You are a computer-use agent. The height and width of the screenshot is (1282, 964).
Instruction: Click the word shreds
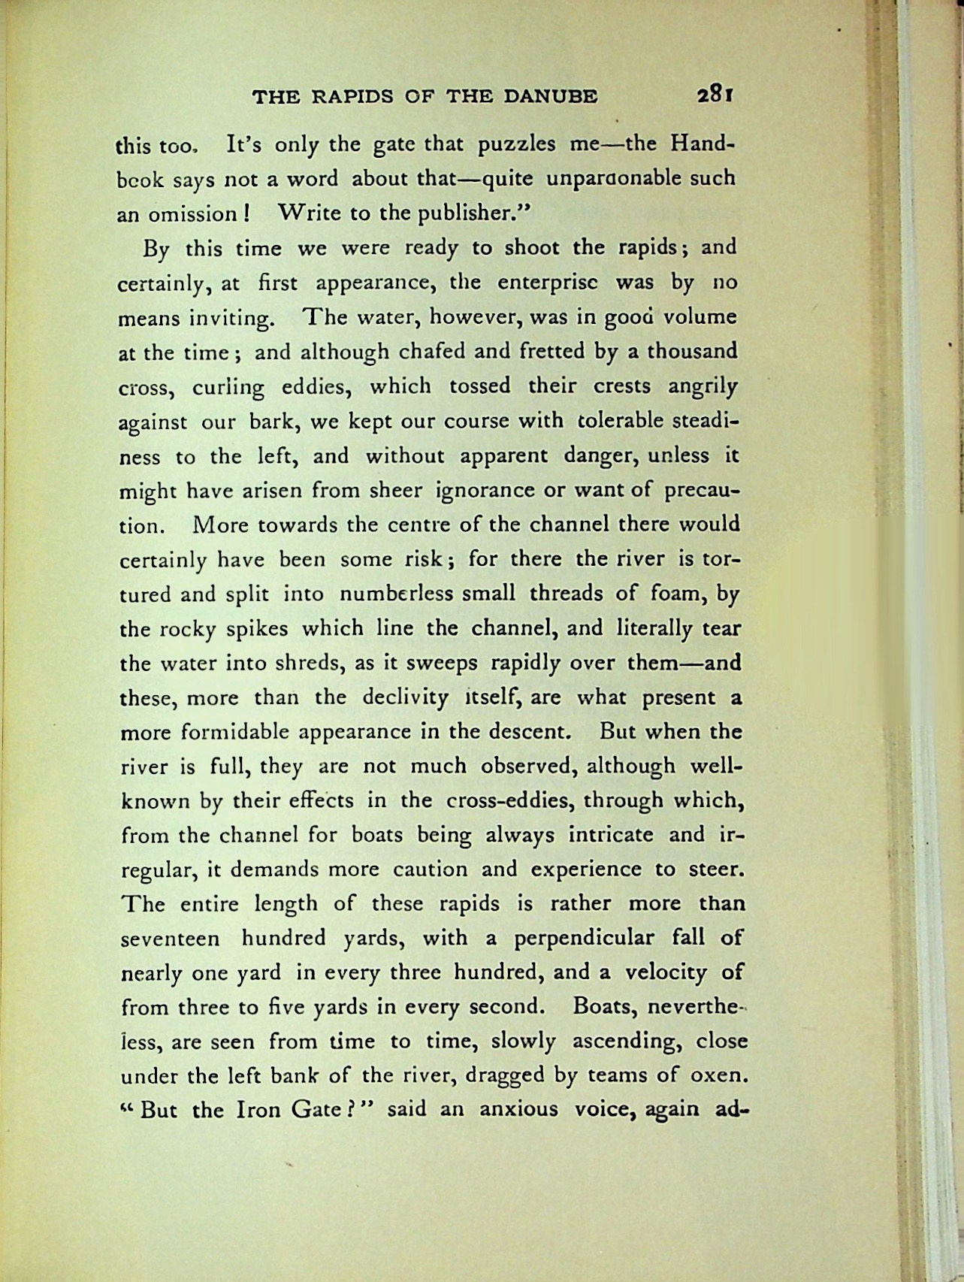point(304,664)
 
